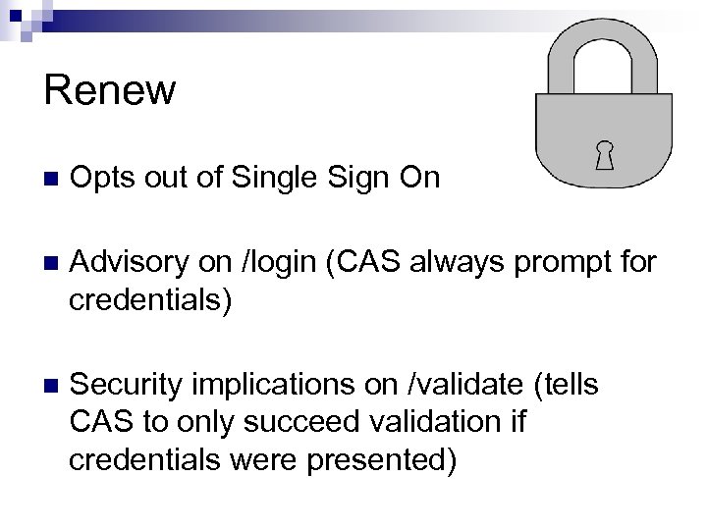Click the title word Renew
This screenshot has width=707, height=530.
coord(110,91)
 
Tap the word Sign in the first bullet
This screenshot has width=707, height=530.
coord(347,179)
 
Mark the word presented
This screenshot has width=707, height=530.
coord(381,459)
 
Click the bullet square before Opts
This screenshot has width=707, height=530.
coord(51,180)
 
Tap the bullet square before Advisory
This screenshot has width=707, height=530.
coord(51,263)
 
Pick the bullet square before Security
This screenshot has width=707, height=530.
coord(51,385)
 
